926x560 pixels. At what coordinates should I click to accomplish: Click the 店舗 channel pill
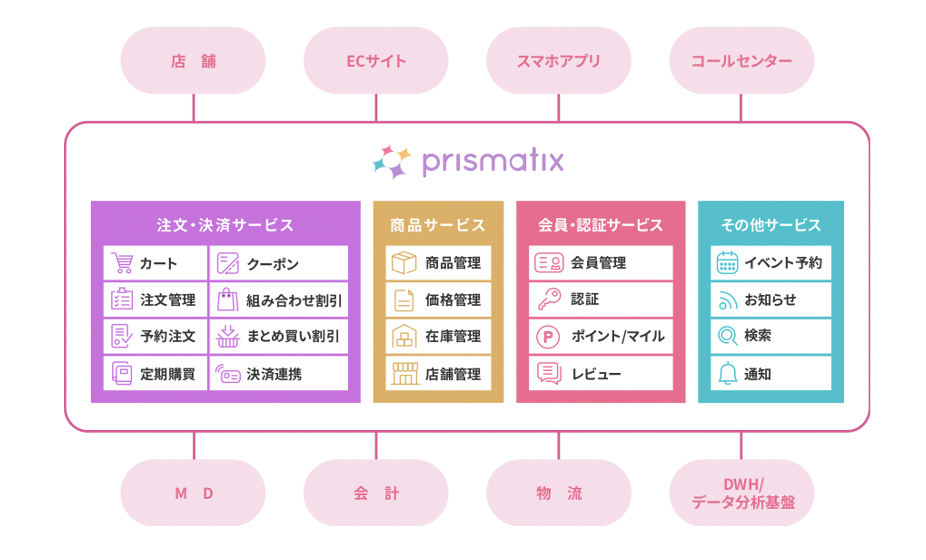tap(193, 60)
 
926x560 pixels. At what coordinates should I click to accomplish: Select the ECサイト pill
tap(376, 60)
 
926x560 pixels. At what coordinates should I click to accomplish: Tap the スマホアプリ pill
tap(558, 60)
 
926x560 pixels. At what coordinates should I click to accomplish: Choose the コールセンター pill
tap(741, 60)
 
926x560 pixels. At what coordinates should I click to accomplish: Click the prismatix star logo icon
tap(393, 162)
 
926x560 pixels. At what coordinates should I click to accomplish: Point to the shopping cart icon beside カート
tap(122, 263)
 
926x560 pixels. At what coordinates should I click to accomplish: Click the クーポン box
tap(278, 263)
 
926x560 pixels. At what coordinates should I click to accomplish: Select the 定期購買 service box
tap(155, 373)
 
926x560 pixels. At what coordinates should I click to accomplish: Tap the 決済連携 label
tap(274, 374)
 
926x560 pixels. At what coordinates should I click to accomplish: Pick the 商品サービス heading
tap(438, 224)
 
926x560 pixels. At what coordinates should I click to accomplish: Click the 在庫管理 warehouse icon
tap(404, 336)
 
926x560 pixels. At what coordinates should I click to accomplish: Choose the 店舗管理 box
tap(438, 373)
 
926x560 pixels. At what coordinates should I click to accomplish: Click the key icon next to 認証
tap(549, 299)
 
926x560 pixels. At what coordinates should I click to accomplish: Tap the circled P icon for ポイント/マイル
tap(548, 336)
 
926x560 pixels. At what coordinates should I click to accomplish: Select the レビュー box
tap(601, 373)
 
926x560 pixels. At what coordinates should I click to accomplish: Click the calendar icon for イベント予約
tap(727, 262)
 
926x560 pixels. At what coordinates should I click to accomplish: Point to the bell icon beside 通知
tap(727, 373)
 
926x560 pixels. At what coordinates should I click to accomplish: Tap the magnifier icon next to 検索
tap(727, 336)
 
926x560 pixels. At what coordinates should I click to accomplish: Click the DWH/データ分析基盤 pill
tap(741, 493)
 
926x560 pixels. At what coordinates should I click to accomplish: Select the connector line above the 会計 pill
tap(376, 446)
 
